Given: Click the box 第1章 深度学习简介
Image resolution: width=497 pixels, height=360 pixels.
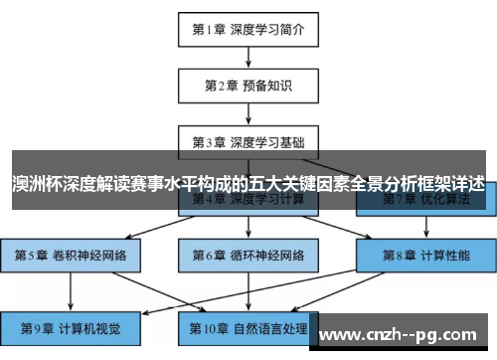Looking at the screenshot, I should (x=248, y=29).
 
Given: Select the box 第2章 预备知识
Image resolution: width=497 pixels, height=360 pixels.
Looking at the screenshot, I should (x=248, y=86).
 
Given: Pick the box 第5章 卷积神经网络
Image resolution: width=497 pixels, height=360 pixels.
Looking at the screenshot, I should (x=71, y=256).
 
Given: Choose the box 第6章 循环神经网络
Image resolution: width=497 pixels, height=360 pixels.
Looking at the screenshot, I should (x=248, y=256).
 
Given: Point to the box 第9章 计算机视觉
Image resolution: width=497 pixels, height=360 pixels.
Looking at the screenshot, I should (x=71, y=326).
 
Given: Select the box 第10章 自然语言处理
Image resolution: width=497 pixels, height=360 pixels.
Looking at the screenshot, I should (x=248, y=326).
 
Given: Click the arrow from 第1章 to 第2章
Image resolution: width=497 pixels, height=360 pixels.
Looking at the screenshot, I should (x=248, y=57).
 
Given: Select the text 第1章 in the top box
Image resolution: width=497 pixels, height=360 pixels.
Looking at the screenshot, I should (x=210, y=29).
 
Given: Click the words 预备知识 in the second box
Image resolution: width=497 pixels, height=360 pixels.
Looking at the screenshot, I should (x=265, y=86).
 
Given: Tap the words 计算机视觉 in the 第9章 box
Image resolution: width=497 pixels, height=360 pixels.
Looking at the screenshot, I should (x=87, y=326).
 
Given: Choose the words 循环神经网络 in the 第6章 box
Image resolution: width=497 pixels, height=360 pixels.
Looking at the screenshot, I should (x=266, y=256).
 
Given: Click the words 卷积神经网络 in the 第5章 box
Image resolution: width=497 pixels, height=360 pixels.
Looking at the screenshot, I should (x=89, y=256).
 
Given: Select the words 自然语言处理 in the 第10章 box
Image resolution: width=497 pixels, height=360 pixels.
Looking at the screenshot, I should (x=268, y=326).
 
